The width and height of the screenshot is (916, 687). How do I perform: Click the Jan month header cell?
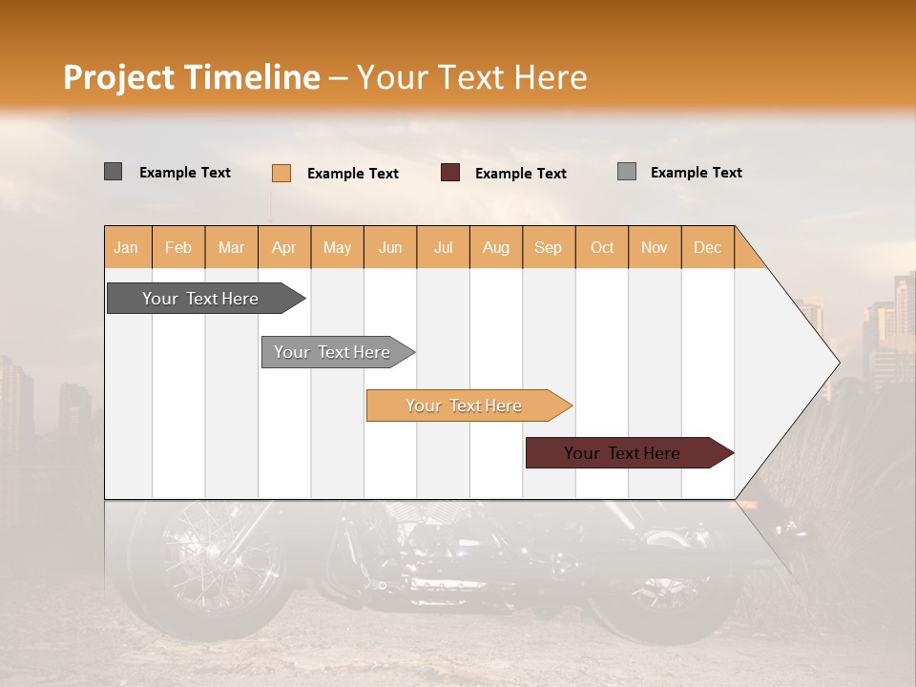coord(127,247)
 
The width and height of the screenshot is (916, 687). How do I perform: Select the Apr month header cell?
coord(284,247)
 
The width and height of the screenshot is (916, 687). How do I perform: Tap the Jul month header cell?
coord(443,247)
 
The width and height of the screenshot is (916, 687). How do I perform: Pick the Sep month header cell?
coord(549,247)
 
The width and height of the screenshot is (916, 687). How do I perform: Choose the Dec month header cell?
coord(707,247)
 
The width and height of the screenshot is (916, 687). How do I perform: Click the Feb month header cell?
coord(178,247)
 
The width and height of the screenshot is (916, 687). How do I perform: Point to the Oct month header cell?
coord(602,247)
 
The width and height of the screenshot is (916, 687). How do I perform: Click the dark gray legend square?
coord(113,172)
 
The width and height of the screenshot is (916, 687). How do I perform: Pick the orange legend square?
coord(281,173)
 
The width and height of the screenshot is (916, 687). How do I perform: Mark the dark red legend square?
coord(450,173)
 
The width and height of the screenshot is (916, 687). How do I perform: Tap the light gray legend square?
coord(626,172)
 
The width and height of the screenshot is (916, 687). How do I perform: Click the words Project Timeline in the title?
coord(191,77)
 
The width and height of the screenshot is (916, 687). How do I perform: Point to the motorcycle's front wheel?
coord(205,563)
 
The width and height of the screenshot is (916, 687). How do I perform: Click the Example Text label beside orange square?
coord(352,174)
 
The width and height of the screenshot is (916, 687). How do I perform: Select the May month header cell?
coord(337,247)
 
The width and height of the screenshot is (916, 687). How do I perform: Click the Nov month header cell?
coord(655,247)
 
